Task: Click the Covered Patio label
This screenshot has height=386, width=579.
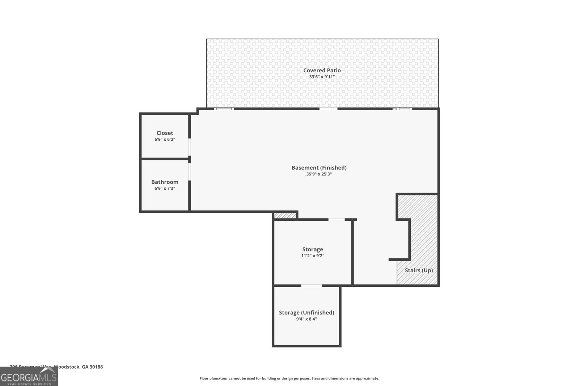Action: tap(322, 71)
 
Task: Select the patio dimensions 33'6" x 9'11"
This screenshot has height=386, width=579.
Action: tap(322, 77)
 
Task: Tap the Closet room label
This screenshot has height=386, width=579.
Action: tap(165, 133)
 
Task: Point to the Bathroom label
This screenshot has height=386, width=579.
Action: tap(165, 182)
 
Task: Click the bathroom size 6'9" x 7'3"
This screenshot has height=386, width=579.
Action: tap(165, 188)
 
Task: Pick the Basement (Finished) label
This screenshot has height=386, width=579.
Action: tap(319, 167)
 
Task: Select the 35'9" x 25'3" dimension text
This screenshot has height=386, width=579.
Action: tap(319, 174)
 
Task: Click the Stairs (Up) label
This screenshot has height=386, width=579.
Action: tap(419, 270)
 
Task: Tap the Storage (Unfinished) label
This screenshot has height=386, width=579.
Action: tap(306, 313)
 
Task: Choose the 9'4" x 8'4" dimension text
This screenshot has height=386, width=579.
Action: tap(306, 319)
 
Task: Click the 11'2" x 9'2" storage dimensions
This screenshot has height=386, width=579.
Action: tap(312, 256)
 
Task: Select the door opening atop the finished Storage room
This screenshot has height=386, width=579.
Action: tap(336, 220)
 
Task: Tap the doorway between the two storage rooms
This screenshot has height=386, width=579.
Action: tap(311, 286)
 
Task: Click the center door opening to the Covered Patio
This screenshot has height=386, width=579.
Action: tap(328, 109)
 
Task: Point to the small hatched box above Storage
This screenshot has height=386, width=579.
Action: tap(285, 216)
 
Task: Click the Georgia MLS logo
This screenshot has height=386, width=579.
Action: tap(29, 377)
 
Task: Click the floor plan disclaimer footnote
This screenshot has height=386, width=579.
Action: tap(289, 378)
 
